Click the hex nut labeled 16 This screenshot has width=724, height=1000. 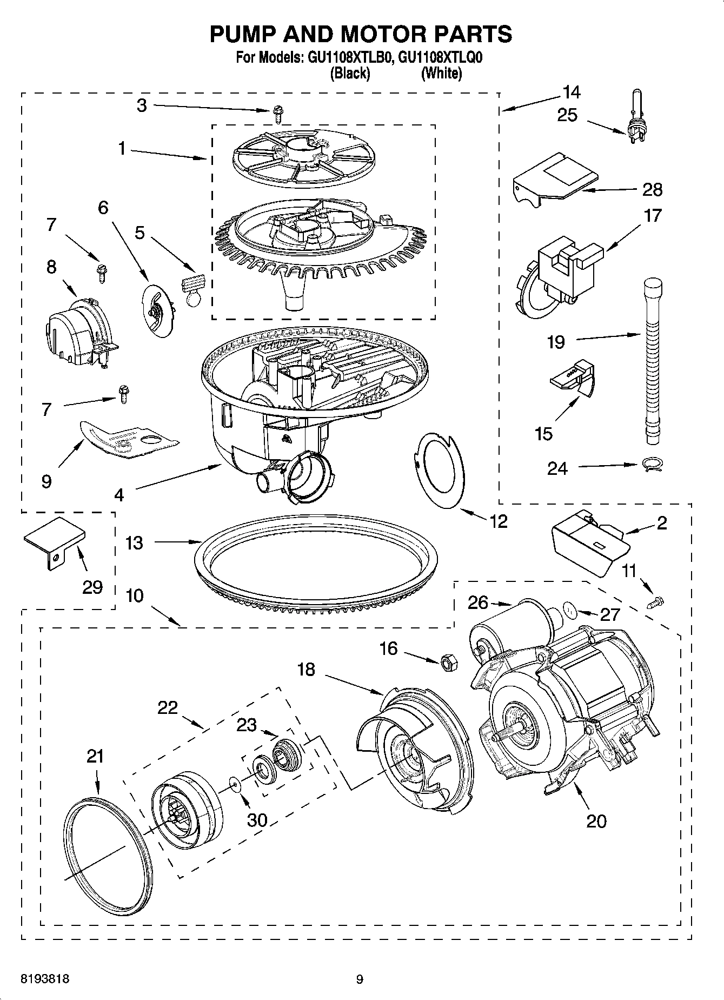448,663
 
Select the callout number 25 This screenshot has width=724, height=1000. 567,115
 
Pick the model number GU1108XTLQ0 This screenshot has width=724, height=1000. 439,58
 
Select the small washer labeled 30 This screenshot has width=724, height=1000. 234,782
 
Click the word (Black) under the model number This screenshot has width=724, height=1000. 349,73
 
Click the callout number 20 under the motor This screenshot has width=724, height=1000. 596,822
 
